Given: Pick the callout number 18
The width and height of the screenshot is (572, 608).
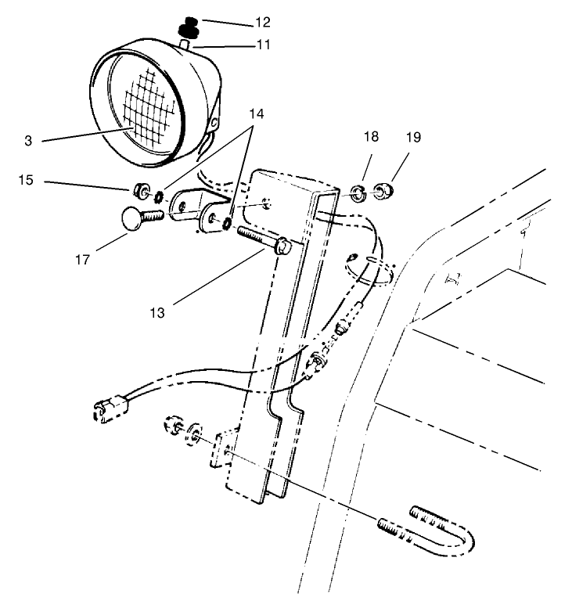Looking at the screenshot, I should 372,138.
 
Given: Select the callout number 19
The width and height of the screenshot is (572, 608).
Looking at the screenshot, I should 412,138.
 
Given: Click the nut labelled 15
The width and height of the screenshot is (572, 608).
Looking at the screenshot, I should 143,190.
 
